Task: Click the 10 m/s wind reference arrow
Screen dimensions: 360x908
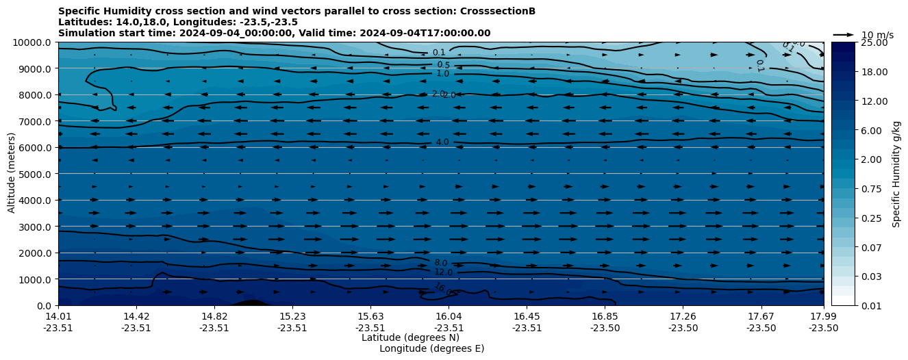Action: click(x=844, y=35)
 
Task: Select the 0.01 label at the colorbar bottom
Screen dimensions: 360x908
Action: click(x=870, y=306)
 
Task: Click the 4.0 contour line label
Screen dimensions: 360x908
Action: click(x=442, y=142)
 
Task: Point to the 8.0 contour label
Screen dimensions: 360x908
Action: click(x=441, y=263)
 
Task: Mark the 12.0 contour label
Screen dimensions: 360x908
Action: click(x=444, y=272)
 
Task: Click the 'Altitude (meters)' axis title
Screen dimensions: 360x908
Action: click(x=12, y=174)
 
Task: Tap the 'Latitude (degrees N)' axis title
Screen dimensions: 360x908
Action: click(x=410, y=337)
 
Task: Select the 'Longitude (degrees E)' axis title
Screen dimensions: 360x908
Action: click(x=431, y=348)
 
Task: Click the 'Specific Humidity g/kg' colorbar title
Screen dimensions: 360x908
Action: click(x=897, y=174)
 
